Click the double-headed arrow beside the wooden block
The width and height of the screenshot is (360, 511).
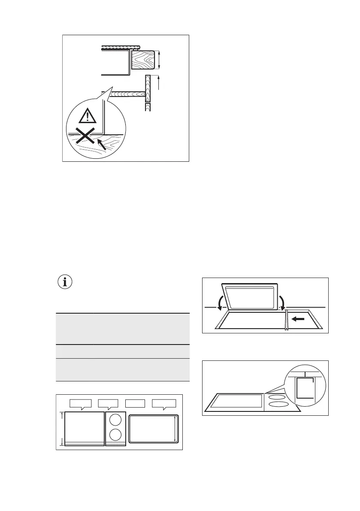pyautogui.click(x=159, y=59)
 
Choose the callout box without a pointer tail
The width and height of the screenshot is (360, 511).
pyautogui.click(x=135, y=403)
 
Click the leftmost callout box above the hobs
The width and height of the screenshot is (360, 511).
pyautogui.click(x=81, y=403)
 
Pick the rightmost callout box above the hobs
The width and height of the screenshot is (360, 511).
pyautogui.click(x=165, y=403)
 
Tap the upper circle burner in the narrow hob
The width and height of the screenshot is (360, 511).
pyautogui.click(x=115, y=419)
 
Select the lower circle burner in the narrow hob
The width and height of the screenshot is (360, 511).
pyautogui.click(x=115, y=435)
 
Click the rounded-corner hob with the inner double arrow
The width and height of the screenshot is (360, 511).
pyautogui.click(x=153, y=429)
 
